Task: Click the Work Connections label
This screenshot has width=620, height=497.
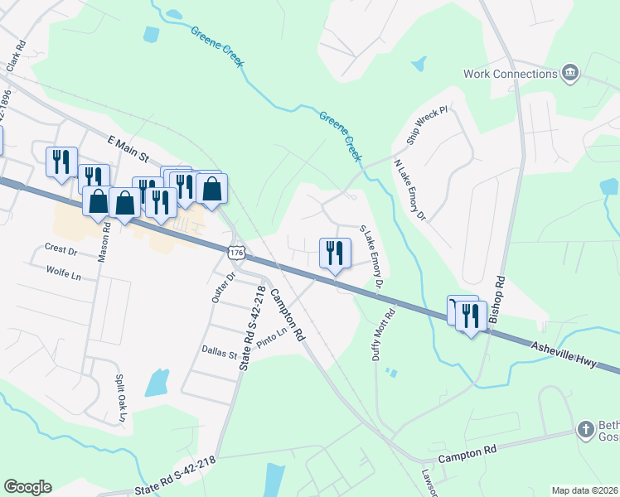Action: tap(510, 74)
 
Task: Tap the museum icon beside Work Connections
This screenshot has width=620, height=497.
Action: tap(569, 74)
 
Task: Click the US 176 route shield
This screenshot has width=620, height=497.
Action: tap(236, 251)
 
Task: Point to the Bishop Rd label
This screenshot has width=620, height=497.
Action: tap(497, 299)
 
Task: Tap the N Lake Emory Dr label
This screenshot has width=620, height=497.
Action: tap(409, 191)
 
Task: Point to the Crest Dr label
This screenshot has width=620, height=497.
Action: tap(61, 249)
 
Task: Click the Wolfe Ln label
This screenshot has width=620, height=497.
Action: tap(64, 271)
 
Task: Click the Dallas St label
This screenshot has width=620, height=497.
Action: tap(219, 352)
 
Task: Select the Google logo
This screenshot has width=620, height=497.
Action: tap(27, 487)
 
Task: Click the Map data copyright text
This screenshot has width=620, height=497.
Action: tap(585, 490)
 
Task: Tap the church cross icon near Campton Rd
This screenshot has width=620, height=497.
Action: tap(586, 430)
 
